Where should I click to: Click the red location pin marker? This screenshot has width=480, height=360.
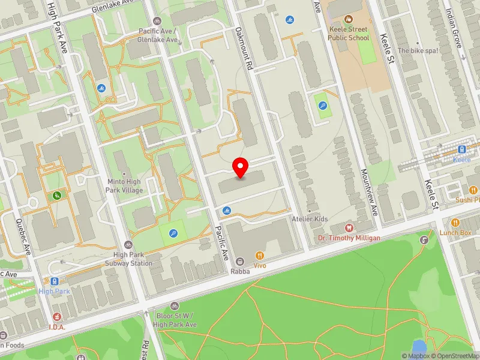pos(241,167)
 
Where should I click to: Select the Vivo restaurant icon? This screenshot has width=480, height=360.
pos(259,254)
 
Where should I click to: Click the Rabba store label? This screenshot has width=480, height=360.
pos(239,271)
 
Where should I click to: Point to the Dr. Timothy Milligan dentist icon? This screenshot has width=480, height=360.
pos(349,227)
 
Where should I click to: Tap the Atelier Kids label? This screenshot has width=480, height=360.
pos(310,219)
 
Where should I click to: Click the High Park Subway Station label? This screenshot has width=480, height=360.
pos(127,259)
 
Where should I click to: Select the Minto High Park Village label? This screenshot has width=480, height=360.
pos(125,186)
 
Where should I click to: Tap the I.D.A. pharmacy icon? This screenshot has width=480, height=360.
pos(56,316)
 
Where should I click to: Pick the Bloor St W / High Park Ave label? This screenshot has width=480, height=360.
pos(175,320)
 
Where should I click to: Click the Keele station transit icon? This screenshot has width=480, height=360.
pos(462,149)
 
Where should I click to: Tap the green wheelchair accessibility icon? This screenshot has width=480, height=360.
pos(57,195)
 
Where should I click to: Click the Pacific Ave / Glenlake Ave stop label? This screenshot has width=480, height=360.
pos(158,35)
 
